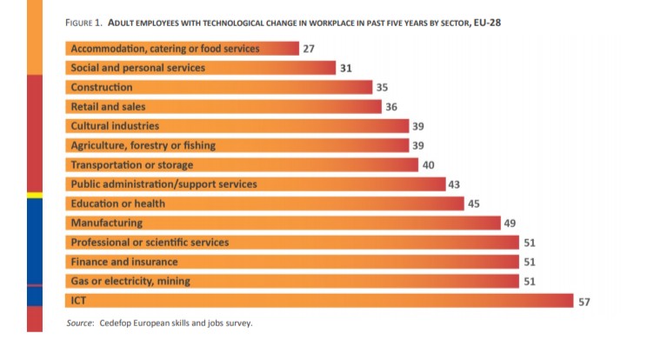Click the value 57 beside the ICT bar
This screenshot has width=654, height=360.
(585, 301)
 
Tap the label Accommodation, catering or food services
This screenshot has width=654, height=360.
(164, 49)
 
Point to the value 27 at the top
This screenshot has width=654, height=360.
(309, 49)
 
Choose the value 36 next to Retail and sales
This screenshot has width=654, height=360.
(391, 107)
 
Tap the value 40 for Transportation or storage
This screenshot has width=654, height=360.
(428, 164)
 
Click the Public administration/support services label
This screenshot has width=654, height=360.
(163, 183)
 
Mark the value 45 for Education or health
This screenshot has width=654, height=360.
(474, 203)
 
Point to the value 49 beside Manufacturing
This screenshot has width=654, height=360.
(511, 223)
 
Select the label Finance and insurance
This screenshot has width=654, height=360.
(123, 261)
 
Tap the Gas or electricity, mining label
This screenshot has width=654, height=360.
(130, 281)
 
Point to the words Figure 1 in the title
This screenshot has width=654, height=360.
(86, 23)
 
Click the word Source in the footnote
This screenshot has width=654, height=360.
(80, 323)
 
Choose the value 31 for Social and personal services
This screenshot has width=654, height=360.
(345, 68)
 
